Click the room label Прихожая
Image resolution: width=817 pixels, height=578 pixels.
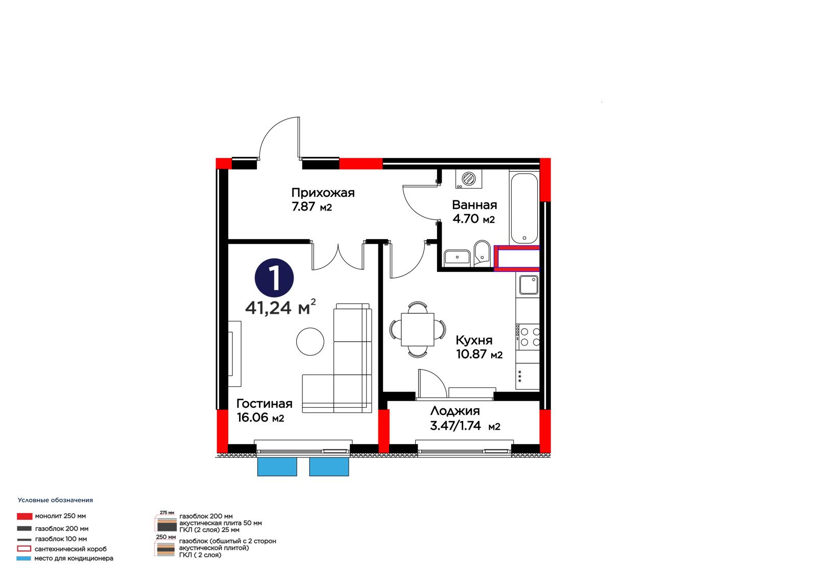click(x=323, y=193)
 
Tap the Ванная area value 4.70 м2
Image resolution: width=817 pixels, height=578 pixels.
click(x=473, y=219)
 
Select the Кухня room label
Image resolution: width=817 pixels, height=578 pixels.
click(x=474, y=340)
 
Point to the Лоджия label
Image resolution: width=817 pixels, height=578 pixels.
click(x=455, y=411)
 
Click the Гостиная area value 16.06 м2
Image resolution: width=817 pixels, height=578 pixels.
click(x=260, y=418)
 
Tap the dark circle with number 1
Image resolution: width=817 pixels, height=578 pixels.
click(x=274, y=278)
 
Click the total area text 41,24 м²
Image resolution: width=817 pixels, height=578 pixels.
click(x=280, y=307)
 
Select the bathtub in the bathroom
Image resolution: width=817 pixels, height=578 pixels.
click(x=524, y=209)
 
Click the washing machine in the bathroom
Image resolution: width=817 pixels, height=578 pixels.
click(x=469, y=179)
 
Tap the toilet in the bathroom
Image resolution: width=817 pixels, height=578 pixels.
click(x=483, y=252)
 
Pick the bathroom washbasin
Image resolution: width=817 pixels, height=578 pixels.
click(x=457, y=258)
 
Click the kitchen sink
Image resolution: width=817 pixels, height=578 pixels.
click(x=528, y=285)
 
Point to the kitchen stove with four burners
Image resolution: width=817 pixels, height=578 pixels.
click(x=527, y=337)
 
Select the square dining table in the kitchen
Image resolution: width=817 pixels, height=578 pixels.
click(x=417, y=329)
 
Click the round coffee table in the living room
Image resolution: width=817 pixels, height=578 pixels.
click(x=310, y=341)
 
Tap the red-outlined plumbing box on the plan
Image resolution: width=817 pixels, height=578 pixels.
click(x=516, y=259)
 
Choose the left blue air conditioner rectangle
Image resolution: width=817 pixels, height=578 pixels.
click(x=277, y=467)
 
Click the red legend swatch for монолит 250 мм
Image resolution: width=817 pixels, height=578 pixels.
click(x=25, y=516)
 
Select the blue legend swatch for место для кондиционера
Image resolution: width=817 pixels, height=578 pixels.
click(x=23, y=558)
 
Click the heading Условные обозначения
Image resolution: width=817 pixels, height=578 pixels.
click(x=56, y=500)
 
